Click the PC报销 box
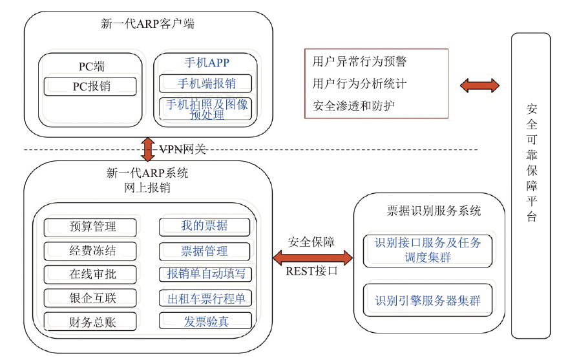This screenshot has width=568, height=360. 90,86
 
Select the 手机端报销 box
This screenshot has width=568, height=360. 205,83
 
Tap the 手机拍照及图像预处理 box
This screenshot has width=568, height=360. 205,109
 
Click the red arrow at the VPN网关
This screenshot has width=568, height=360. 148,149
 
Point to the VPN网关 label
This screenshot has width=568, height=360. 183,149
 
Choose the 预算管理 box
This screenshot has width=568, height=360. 90,227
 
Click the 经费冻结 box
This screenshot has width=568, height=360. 90,251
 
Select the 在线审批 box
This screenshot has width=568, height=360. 90,275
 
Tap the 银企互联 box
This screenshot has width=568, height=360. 90,298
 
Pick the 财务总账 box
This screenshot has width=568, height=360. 90,322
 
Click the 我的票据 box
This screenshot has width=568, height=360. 205,226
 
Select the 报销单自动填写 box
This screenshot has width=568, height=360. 205,274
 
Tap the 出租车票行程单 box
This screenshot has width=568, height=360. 205,299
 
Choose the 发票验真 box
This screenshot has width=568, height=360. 205,321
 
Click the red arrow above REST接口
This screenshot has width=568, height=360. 312,257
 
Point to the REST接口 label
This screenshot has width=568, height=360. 311,271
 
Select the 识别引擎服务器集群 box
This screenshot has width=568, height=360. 428,301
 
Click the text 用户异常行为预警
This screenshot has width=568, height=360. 360,61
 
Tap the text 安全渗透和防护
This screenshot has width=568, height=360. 354,106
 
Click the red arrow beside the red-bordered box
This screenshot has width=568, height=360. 479,86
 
